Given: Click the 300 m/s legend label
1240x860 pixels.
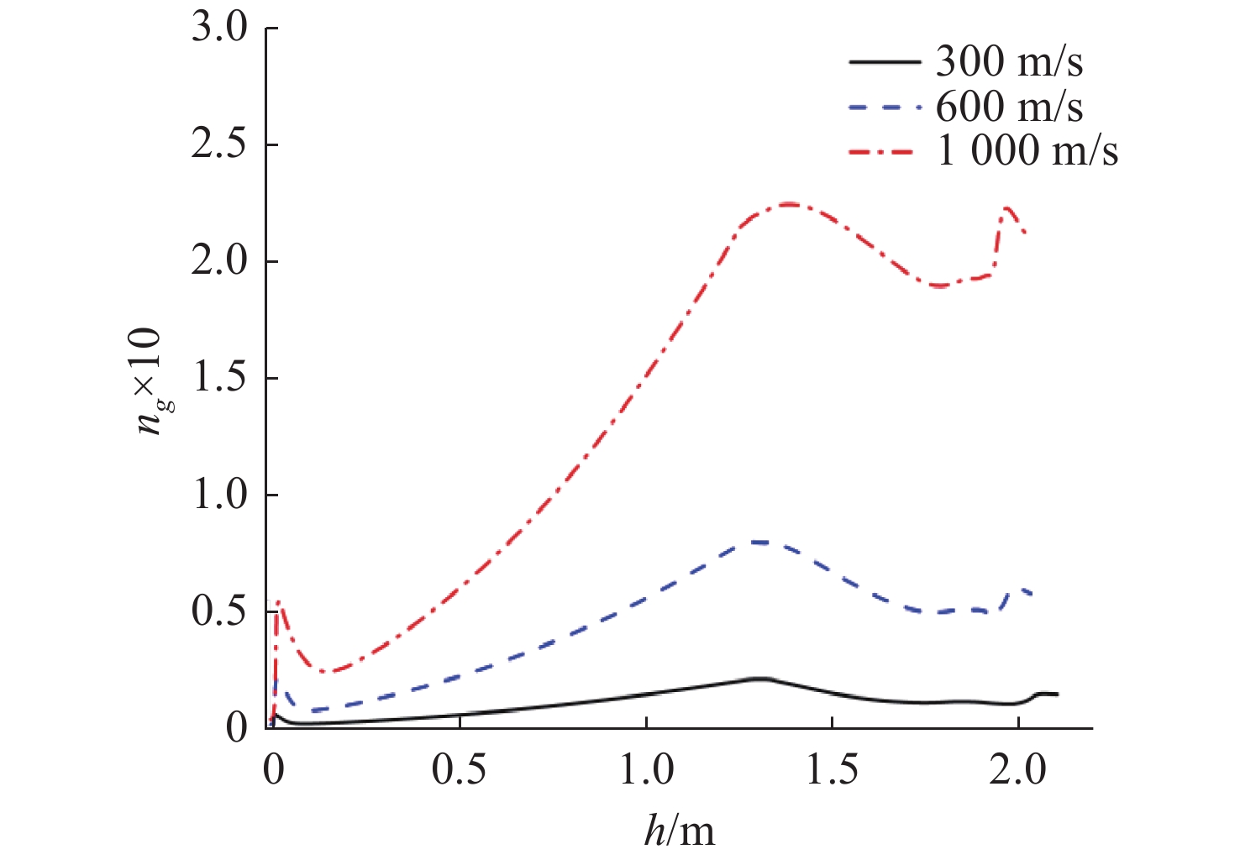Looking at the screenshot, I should (1009, 62).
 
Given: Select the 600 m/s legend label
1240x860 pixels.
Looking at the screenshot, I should (1009, 107).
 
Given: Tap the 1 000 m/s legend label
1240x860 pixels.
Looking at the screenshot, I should (1027, 151).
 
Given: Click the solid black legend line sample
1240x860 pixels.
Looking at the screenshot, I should (885, 62).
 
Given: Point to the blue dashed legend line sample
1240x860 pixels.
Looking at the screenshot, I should (885, 107).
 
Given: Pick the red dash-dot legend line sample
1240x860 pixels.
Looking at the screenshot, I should (885, 152).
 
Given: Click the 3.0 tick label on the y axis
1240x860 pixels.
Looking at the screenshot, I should (220, 29).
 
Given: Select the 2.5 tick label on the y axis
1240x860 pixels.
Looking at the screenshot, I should (220, 145).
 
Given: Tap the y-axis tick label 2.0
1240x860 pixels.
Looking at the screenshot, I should (220, 262).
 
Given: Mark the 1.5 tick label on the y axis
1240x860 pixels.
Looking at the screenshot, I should (220, 379).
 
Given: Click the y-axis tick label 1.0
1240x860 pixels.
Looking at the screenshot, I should (220, 496).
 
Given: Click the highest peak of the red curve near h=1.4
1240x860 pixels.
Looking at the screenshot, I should (788, 204).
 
